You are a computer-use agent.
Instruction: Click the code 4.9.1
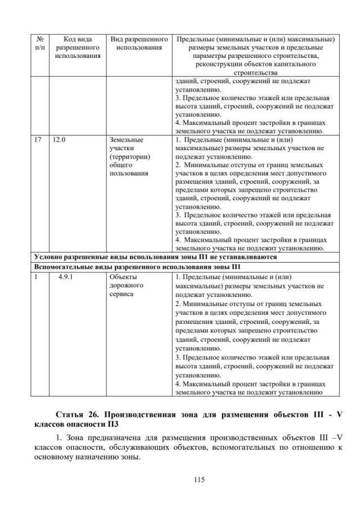66,277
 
